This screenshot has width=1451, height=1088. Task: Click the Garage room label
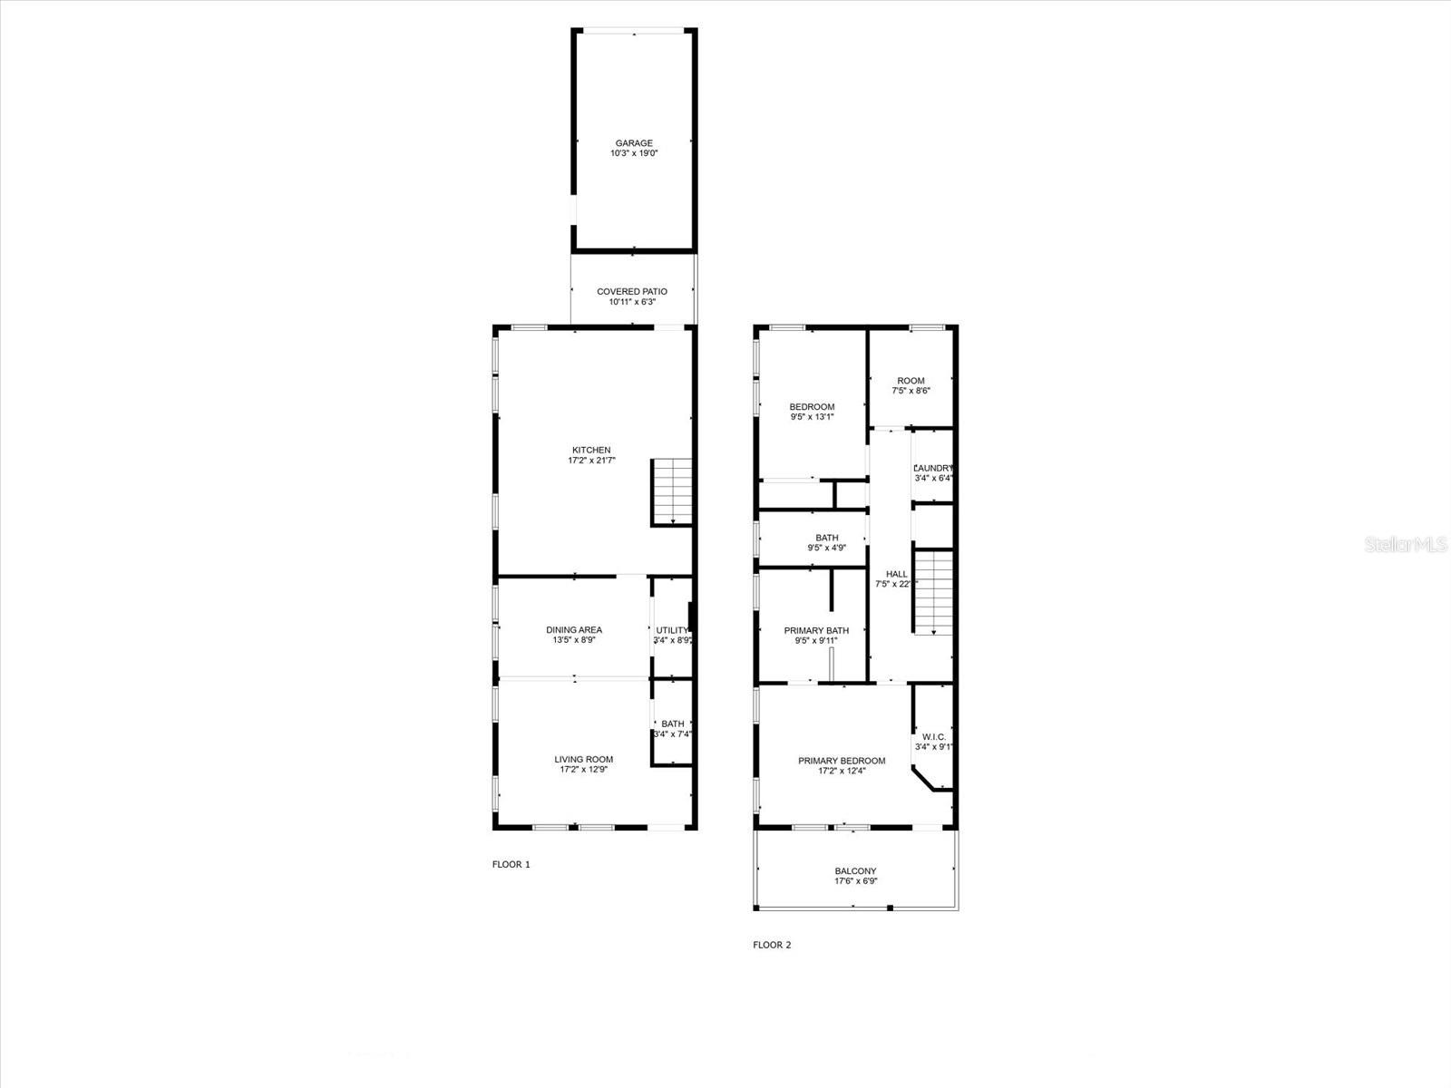point(634,143)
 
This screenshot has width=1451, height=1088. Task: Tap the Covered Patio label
point(632,292)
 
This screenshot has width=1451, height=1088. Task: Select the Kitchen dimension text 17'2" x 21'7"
point(591,461)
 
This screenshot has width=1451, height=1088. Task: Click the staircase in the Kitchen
point(672,492)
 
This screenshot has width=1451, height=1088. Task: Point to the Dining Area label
point(574,630)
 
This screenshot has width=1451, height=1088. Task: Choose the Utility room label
point(673,630)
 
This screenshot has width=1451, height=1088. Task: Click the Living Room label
point(584,760)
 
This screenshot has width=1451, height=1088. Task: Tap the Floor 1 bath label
point(673,724)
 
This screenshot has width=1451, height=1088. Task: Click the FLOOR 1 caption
point(511,865)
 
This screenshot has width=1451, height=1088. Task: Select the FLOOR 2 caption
point(773,945)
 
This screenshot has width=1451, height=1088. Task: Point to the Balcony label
point(856,871)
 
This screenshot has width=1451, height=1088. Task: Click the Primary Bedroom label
point(842,761)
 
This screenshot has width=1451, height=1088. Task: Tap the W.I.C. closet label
point(934,737)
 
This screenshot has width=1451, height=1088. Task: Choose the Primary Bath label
point(816,631)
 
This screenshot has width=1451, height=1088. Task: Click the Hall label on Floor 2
point(897,574)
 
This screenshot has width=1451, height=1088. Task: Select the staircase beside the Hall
point(933,592)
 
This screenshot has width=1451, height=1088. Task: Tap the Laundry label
point(933,468)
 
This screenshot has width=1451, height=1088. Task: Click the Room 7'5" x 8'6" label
point(911,381)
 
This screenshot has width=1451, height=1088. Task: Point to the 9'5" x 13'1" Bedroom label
point(812,407)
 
